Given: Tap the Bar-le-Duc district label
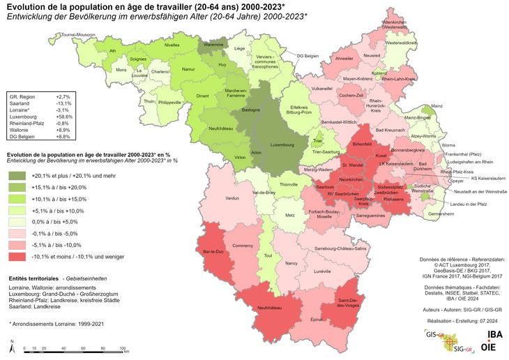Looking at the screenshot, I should click(211, 250).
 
